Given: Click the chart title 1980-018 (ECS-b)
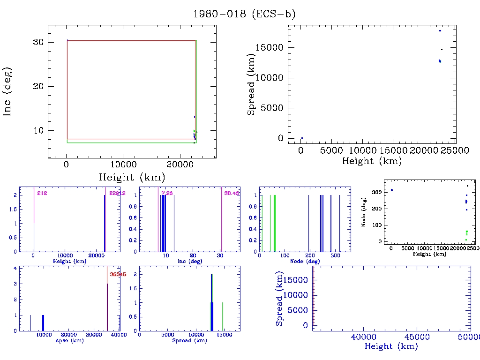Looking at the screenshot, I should pyautogui.click(x=244, y=14).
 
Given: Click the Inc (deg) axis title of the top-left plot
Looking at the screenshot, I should pyautogui.click(x=8, y=91).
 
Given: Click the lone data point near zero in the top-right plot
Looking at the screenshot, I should pyautogui.click(x=302, y=138).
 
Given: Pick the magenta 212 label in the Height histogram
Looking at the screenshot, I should pyautogui.click(x=42, y=193).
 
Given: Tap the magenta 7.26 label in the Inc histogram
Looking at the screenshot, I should pyautogui.click(x=167, y=193).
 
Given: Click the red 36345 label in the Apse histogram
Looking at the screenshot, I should pyautogui.click(x=118, y=274).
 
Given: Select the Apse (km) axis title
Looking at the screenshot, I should pyautogui.click(x=69, y=341).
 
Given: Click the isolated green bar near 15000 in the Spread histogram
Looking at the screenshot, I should pyautogui.click(x=222, y=316).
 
